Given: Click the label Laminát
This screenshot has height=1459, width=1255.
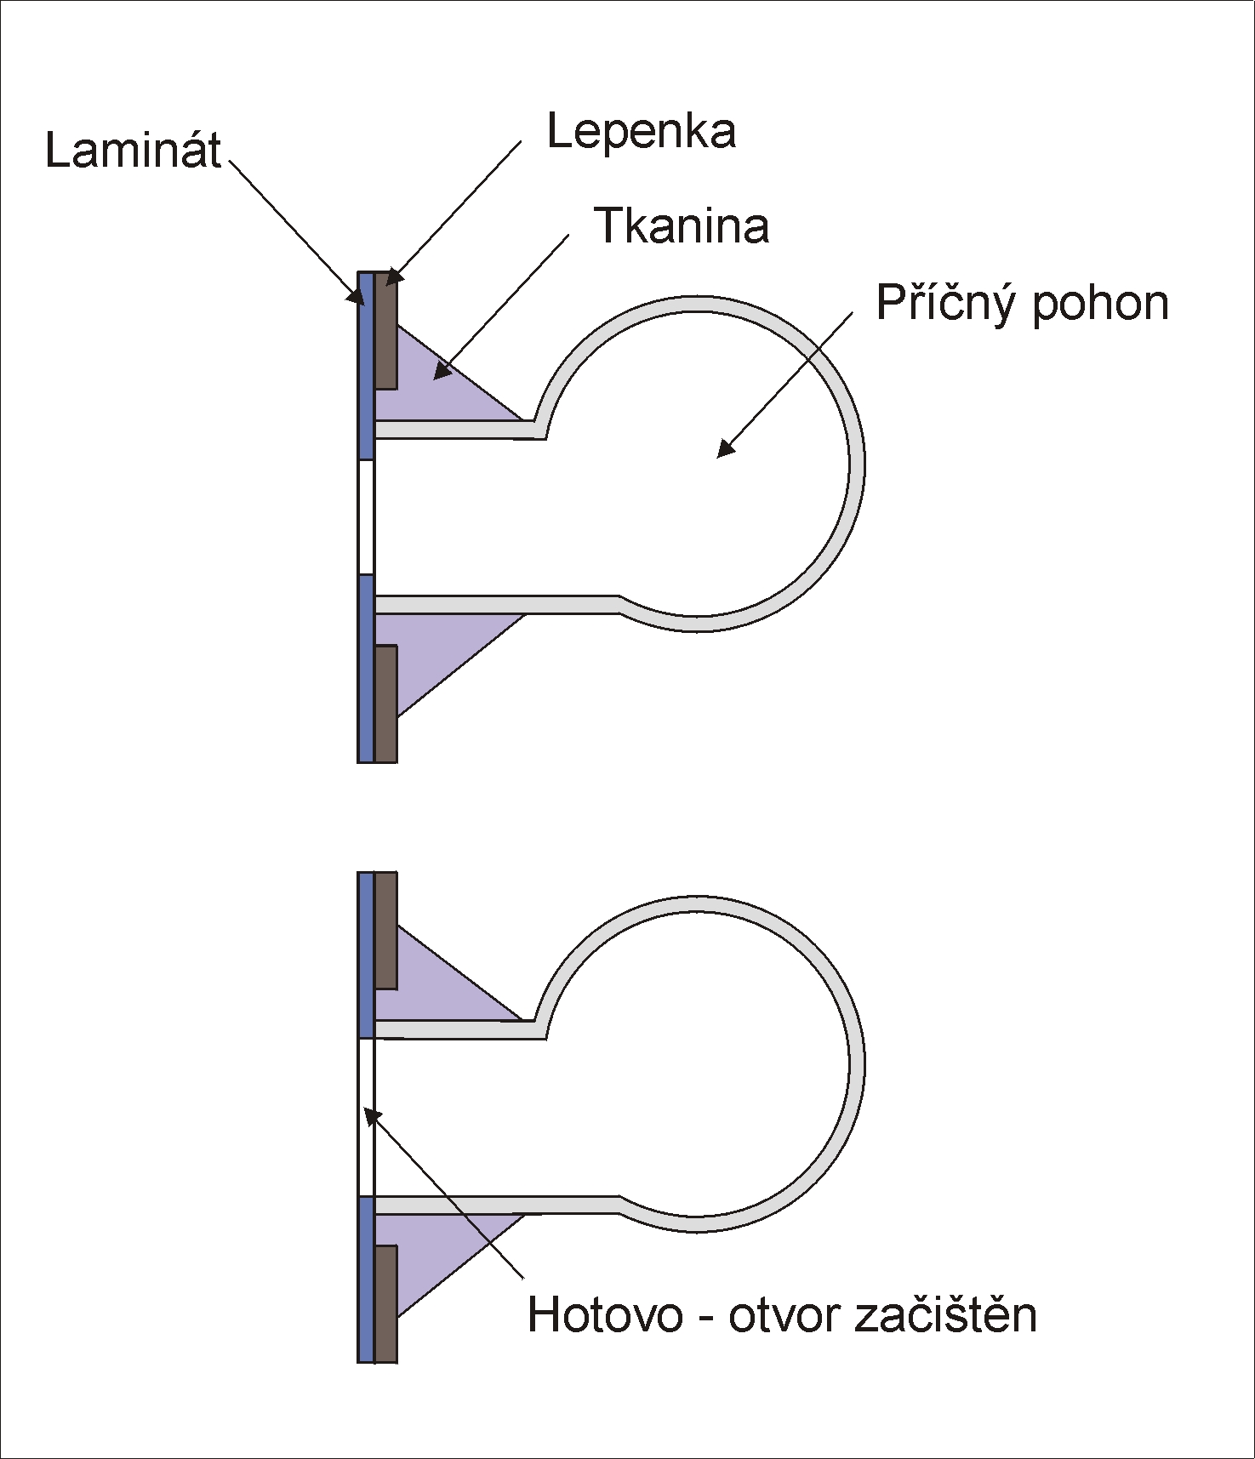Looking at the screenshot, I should pos(133,151).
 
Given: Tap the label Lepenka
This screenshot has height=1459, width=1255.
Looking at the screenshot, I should pos(641,133).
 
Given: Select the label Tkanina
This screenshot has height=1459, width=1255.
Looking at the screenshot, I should pos(682,226).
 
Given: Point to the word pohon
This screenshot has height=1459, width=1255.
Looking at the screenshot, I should pos(1100,305).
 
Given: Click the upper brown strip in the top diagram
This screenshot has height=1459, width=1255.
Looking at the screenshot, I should pos(385,332).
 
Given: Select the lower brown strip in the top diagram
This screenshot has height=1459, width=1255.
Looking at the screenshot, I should pos(385,704).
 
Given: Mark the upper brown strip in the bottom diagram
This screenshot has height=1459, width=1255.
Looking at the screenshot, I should pos(385,931).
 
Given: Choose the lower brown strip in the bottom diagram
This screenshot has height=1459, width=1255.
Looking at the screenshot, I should pos(385,1303).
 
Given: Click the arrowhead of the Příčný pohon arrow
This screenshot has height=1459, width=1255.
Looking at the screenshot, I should pos(722,452).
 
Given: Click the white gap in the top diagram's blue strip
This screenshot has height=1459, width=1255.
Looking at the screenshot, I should pos(366,516).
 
